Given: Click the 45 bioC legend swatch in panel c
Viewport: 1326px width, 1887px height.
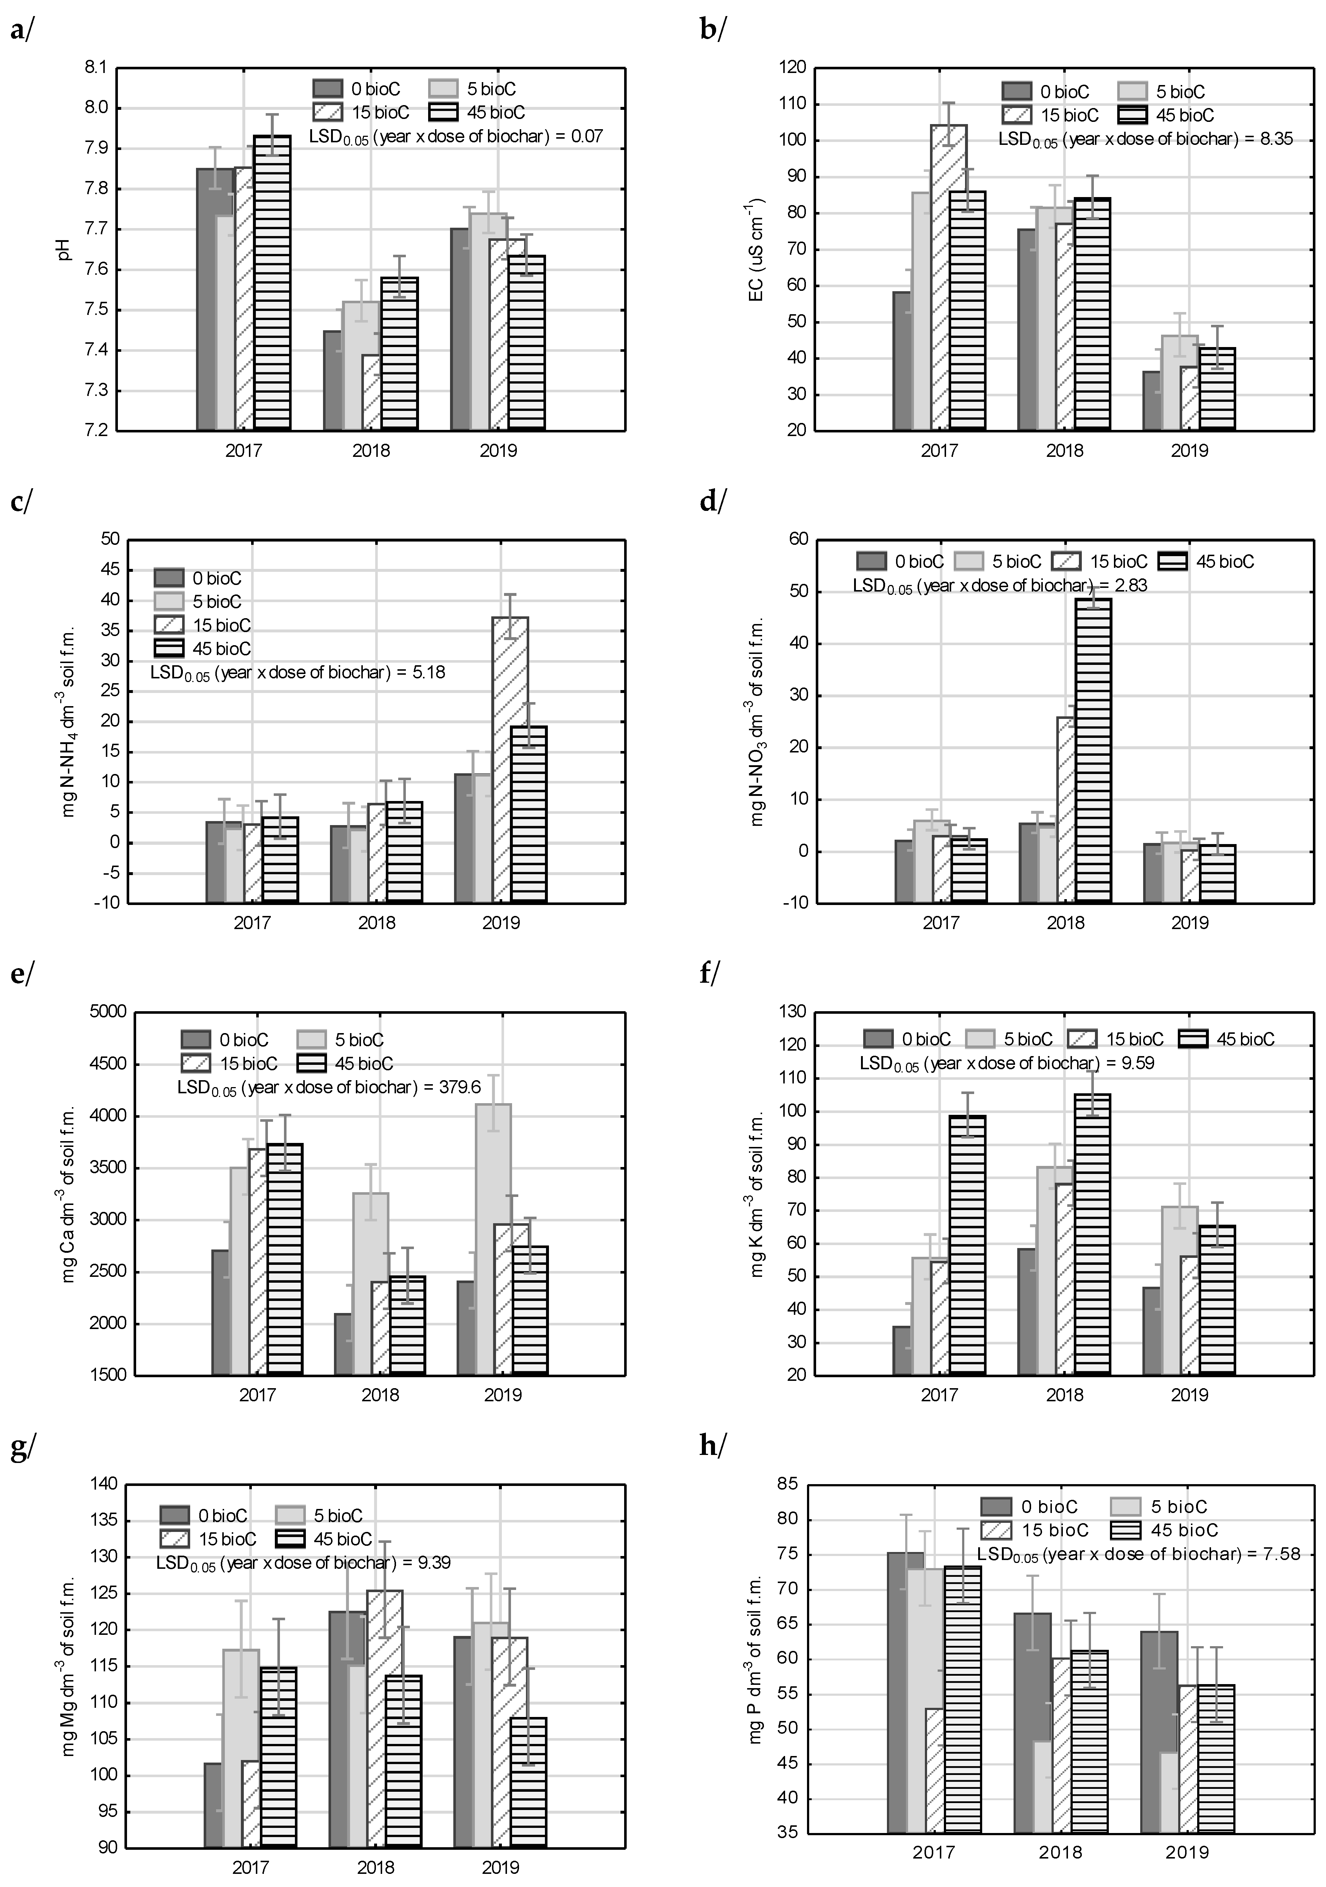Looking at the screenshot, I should click(169, 648).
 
